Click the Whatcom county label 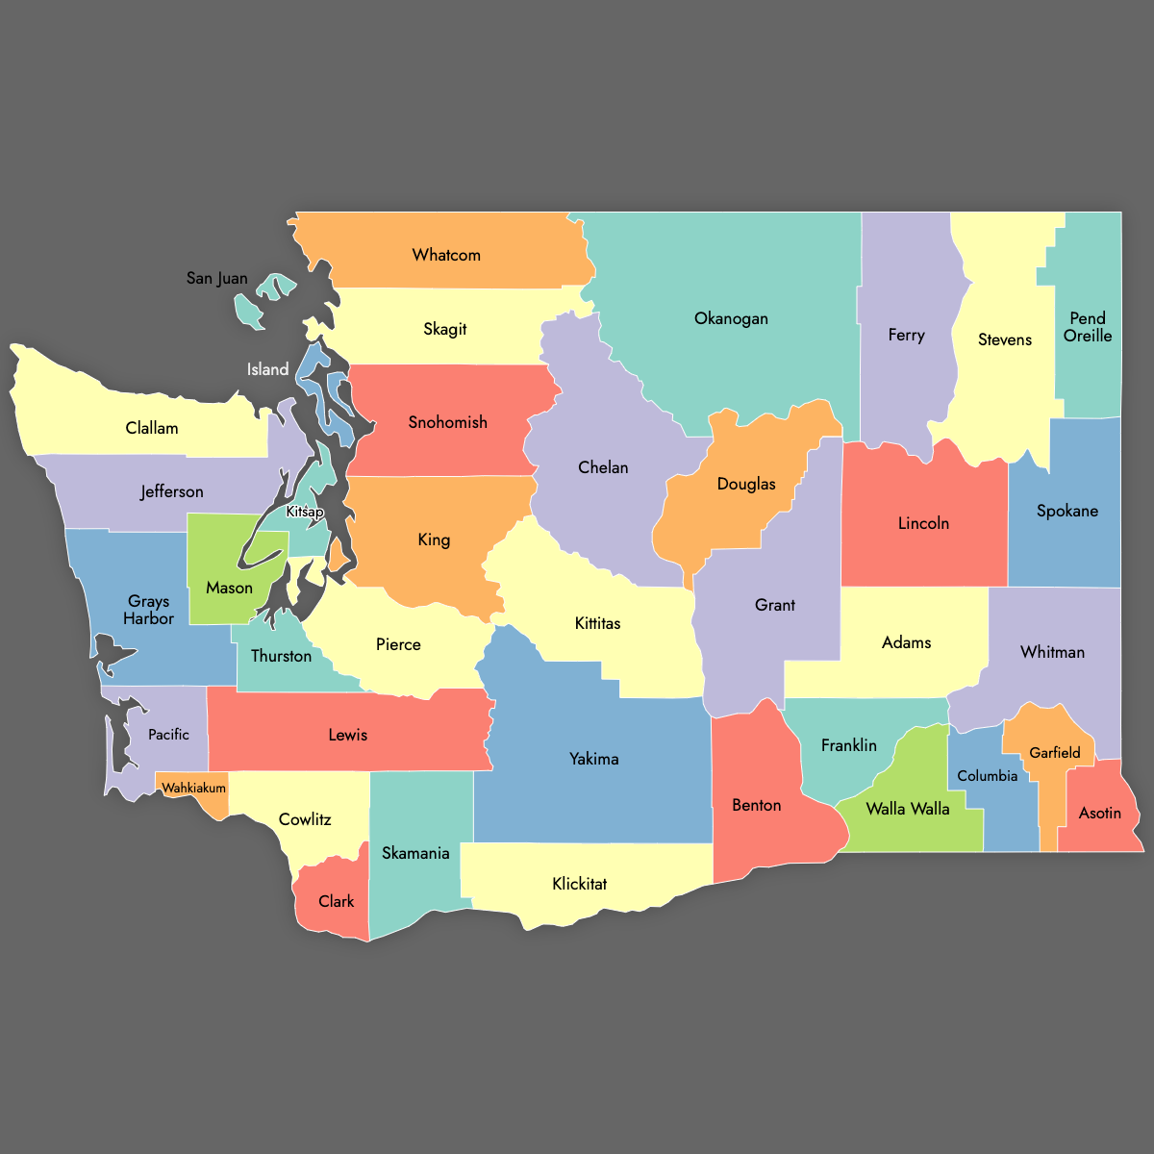(446, 255)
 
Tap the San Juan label (216, 278)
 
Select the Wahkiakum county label (193, 788)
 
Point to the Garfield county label (1055, 752)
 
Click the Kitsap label (305, 512)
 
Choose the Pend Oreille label (1088, 327)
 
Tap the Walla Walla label (908, 809)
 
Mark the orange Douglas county (745, 484)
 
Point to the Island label (267, 369)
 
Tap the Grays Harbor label (149, 610)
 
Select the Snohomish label (447, 422)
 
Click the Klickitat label (579, 884)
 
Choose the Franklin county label (849, 745)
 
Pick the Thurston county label (281, 656)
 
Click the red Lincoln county (923, 523)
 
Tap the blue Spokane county (1067, 511)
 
